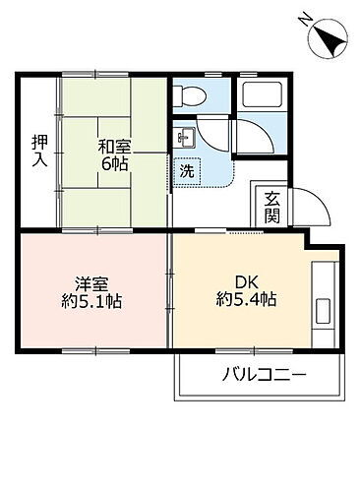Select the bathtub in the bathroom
263,97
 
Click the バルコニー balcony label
264,374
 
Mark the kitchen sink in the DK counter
324,315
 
